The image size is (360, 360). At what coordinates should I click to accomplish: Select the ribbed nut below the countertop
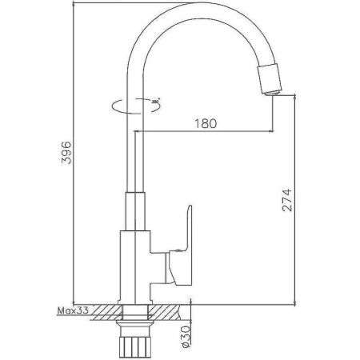click(x=134, y=341)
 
